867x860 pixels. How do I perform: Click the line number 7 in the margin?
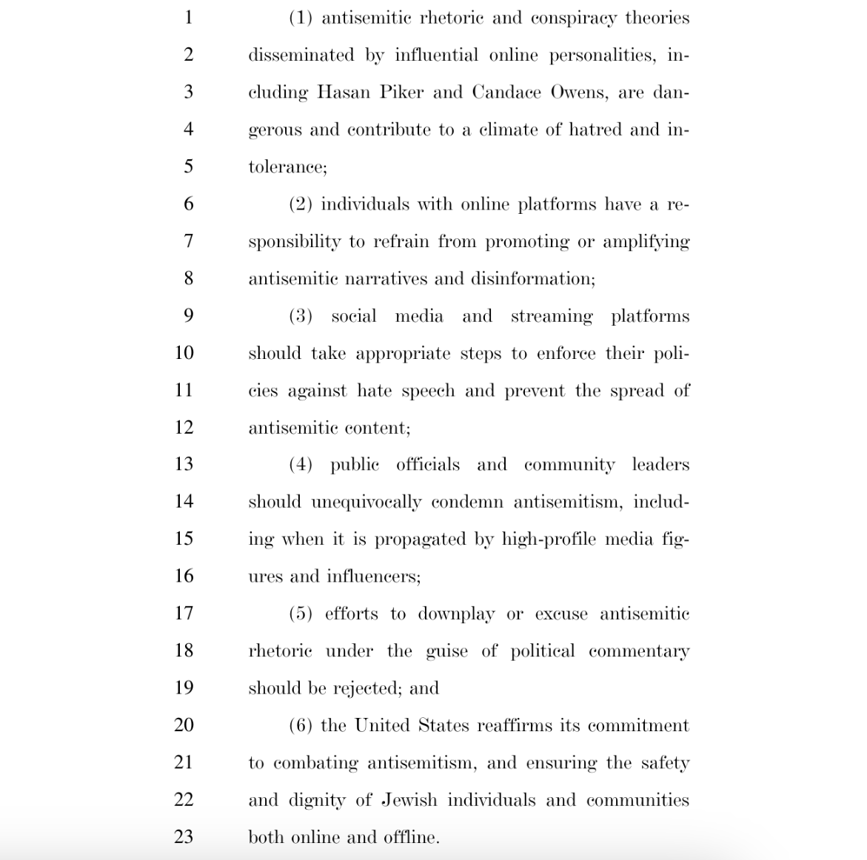point(188,241)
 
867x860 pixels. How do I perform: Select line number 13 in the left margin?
point(184,464)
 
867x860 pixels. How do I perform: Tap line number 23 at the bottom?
point(184,837)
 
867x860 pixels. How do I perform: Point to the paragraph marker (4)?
point(301,465)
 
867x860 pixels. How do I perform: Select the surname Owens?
point(578,93)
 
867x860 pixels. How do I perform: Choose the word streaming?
point(552,317)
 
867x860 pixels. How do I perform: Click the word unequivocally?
point(366,503)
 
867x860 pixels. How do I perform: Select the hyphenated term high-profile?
point(549,540)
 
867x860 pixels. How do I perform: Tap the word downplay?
point(456,614)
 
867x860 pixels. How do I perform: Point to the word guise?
point(446,651)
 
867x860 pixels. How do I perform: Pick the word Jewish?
point(409,800)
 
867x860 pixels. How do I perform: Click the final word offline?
point(411,837)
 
